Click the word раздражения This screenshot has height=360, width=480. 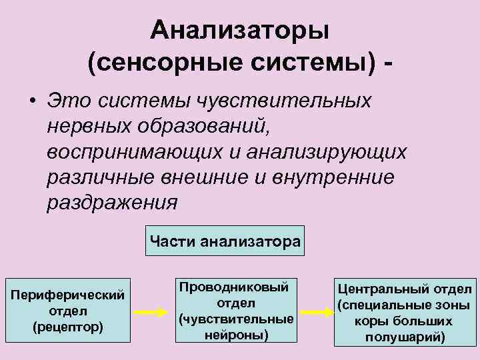tap(112, 202)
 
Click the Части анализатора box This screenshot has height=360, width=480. tap(225, 241)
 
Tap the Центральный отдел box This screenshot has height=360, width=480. tap(405, 311)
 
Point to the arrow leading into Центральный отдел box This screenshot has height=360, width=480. tap(313, 311)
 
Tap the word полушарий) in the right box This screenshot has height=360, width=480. tap(405, 337)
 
